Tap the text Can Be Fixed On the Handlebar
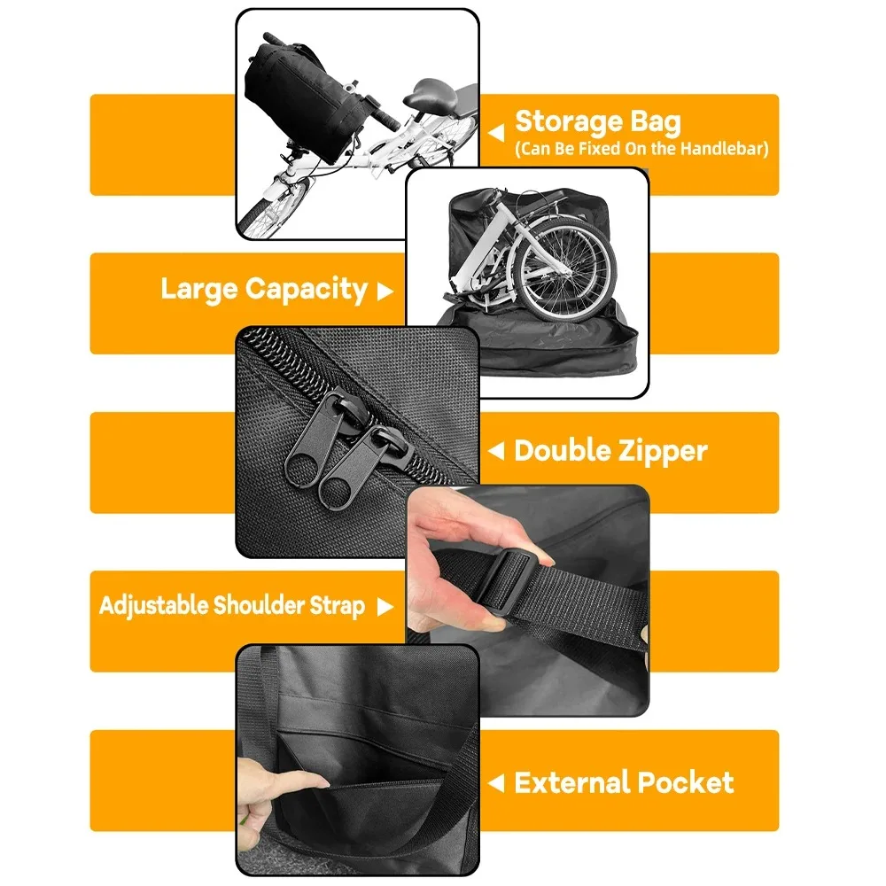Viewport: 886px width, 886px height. (x=641, y=148)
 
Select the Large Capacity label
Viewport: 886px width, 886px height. (x=263, y=289)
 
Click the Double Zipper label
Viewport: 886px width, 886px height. (x=610, y=450)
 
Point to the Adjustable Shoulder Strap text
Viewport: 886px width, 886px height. (x=232, y=606)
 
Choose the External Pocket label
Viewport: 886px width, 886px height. (x=624, y=782)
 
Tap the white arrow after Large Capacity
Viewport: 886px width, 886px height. (x=385, y=291)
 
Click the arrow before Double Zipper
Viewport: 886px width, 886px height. (x=496, y=452)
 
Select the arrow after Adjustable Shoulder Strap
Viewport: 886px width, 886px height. (x=385, y=607)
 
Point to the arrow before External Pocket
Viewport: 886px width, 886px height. (x=496, y=783)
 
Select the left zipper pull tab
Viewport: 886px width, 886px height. (x=306, y=462)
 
